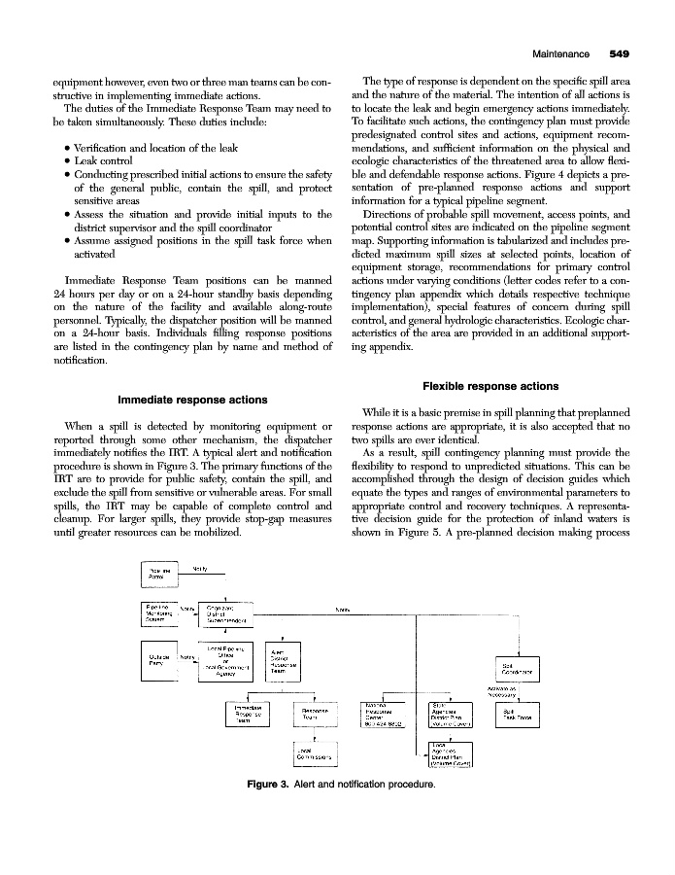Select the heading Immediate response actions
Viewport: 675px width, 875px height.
(x=192, y=400)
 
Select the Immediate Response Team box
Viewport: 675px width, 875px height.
(x=244, y=716)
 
